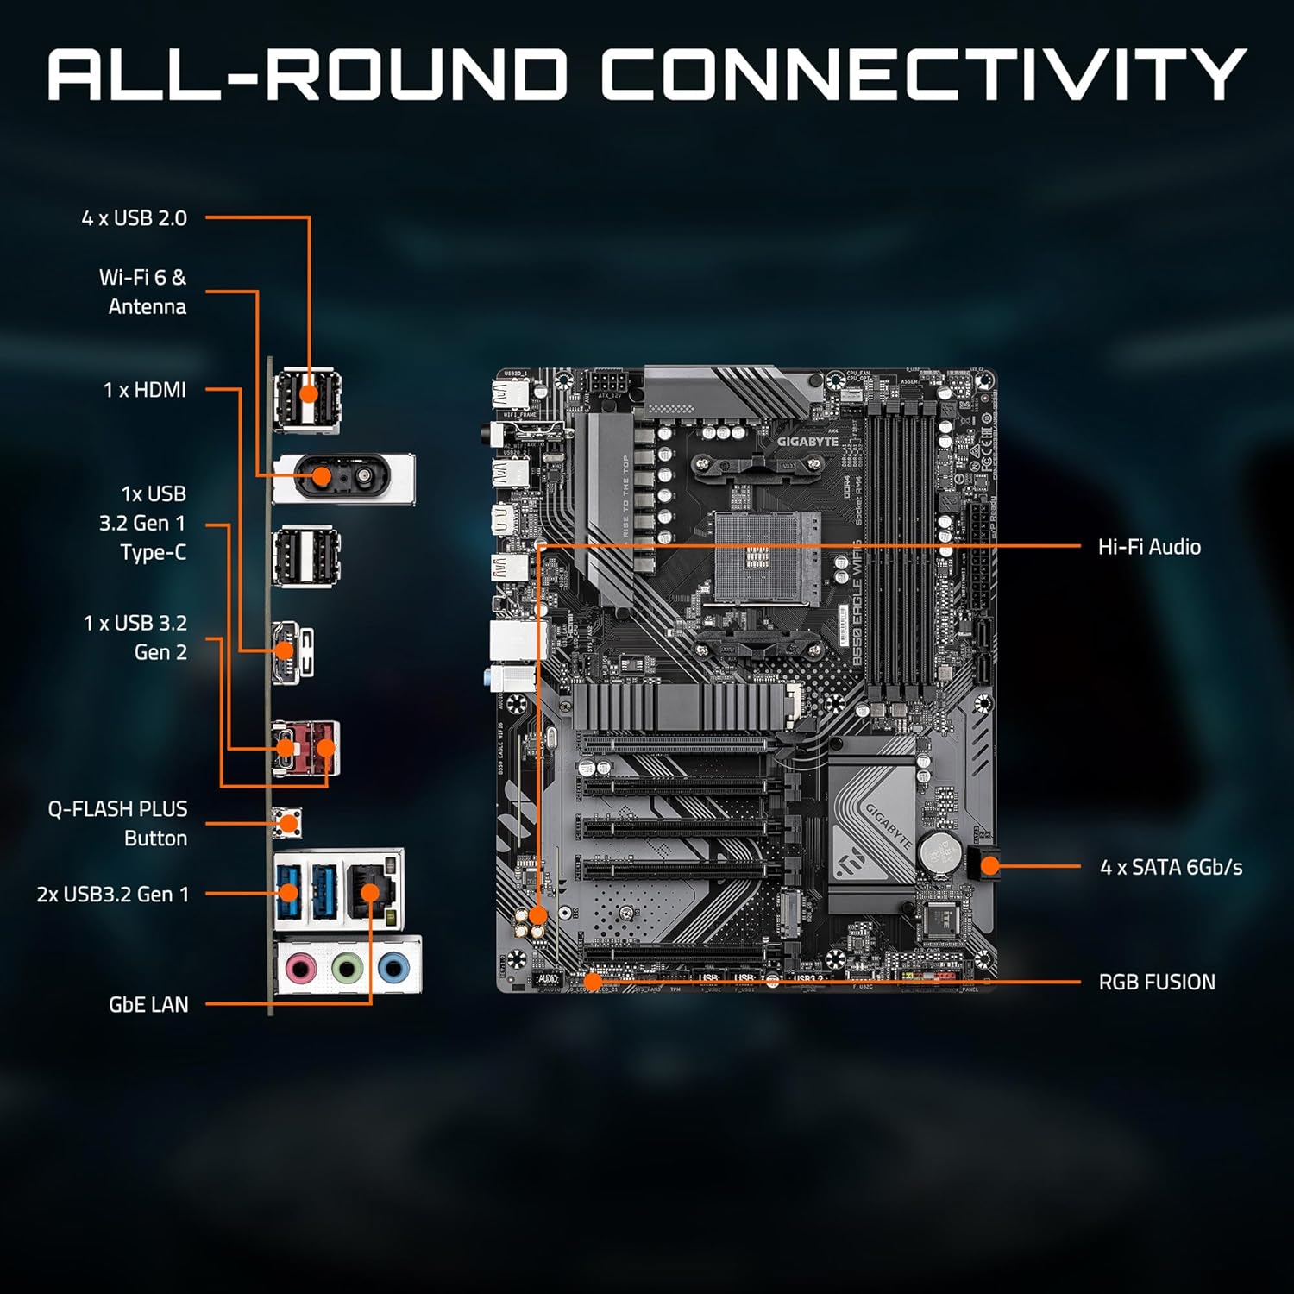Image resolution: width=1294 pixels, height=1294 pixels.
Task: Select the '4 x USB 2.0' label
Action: tap(134, 218)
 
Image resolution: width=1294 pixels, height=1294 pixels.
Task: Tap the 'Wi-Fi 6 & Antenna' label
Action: tap(143, 292)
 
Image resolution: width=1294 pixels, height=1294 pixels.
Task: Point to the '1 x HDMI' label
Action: tap(144, 390)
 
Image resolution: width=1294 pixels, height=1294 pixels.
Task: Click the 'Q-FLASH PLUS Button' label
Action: tap(118, 823)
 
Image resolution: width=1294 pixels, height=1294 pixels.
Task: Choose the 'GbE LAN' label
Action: tap(148, 1004)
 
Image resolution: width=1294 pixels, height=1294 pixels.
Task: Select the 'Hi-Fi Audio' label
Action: tap(1149, 547)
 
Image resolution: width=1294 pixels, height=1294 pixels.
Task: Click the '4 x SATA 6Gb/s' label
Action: tap(1171, 867)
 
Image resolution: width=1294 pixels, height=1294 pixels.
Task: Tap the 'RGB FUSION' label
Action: tap(1156, 982)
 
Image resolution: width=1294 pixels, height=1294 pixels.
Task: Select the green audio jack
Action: tap(346, 969)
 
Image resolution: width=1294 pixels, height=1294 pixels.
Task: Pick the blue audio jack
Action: tap(393, 969)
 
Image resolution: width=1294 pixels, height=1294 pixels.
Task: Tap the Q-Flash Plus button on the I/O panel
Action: tap(287, 822)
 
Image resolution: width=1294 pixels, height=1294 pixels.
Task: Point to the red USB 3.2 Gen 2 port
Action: tap(324, 747)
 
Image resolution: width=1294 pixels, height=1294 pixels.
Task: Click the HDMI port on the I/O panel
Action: tap(286, 651)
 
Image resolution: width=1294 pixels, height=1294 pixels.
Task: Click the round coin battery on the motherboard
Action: tap(938, 851)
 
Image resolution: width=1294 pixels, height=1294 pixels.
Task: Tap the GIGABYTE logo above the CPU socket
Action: tap(807, 441)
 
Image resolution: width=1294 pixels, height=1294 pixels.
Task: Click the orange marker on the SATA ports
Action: tap(989, 866)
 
